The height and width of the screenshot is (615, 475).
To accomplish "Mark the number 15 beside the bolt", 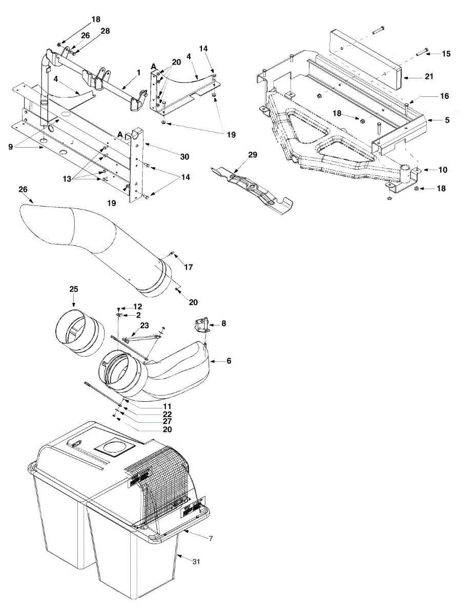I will pyautogui.click(x=446, y=54).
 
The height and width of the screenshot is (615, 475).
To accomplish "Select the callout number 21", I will pyautogui.click(x=429, y=76).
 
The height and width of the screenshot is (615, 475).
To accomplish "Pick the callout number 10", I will pyautogui.click(x=443, y=169).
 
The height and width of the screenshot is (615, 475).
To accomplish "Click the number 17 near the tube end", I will pyautogui.click(x=188, y=267).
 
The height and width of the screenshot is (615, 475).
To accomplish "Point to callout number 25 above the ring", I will pyautogui.click(x=74, y=290).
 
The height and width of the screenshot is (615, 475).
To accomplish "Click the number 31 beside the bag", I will pyautogui.click(x=197, y=562).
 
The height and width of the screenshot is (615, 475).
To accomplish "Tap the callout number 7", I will pyautogui.click(x=210, y=538).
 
